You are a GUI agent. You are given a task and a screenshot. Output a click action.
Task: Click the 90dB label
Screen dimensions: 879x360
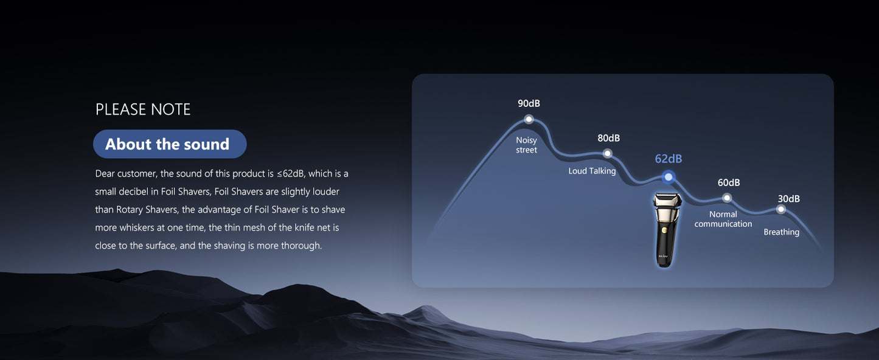(529, 103)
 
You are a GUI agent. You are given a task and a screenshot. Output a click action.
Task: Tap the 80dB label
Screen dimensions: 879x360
(609, 138)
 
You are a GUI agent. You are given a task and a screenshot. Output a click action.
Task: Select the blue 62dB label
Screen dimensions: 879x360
(669, 159)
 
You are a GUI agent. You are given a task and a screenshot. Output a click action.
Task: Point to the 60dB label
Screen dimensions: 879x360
(729, 183)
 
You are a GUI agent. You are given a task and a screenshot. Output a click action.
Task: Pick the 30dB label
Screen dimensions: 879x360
(789, 199)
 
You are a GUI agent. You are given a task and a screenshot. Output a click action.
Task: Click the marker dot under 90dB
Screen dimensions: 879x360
(529, 119)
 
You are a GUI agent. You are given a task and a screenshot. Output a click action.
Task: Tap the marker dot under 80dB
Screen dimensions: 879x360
(608, 153)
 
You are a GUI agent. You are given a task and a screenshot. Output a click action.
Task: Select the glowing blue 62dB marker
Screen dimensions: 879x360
(669, 177)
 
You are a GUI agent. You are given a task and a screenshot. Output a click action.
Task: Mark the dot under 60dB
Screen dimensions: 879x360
(727, 198)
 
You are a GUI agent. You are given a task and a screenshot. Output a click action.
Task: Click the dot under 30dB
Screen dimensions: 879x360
(781, 209)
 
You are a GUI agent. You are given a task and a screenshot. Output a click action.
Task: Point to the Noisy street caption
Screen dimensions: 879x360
(526, 145)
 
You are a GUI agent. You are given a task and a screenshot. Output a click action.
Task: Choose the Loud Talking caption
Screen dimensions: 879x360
(592, 171)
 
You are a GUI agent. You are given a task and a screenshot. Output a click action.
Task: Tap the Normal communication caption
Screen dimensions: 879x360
(723, 219)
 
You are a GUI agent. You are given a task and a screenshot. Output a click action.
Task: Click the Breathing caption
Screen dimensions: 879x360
(781, 232)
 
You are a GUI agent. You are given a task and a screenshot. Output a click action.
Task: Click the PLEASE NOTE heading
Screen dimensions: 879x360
(143, 109)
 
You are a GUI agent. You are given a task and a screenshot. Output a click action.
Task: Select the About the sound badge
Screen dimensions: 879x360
(170, 144)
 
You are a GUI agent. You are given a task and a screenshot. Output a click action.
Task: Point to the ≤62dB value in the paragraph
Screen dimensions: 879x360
(290, 174)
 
